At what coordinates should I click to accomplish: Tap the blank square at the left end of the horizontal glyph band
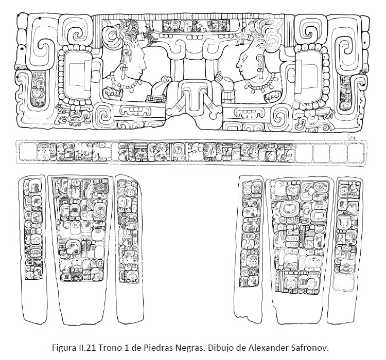27,152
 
